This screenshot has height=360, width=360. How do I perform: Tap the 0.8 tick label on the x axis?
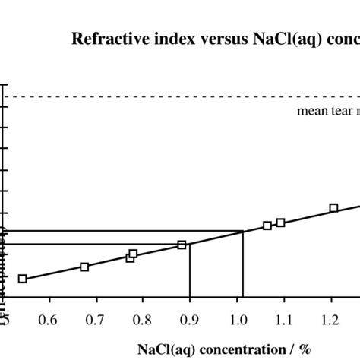coord(143,317)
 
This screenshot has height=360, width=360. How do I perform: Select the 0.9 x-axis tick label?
coord(190,317)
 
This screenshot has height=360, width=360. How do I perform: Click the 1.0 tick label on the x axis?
coord(237,317)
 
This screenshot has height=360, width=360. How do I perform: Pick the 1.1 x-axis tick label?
coord(284,317)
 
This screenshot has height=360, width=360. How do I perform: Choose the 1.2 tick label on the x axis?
coord(331,317)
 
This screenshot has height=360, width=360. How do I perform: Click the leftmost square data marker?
coord(22,279)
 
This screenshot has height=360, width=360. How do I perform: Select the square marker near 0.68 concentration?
coord(84,267)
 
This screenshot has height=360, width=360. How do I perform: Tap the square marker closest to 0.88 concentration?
coord(182,245)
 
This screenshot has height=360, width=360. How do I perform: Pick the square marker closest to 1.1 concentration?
coord(281,223)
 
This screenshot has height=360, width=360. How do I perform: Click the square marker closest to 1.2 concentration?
coord(333,208)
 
